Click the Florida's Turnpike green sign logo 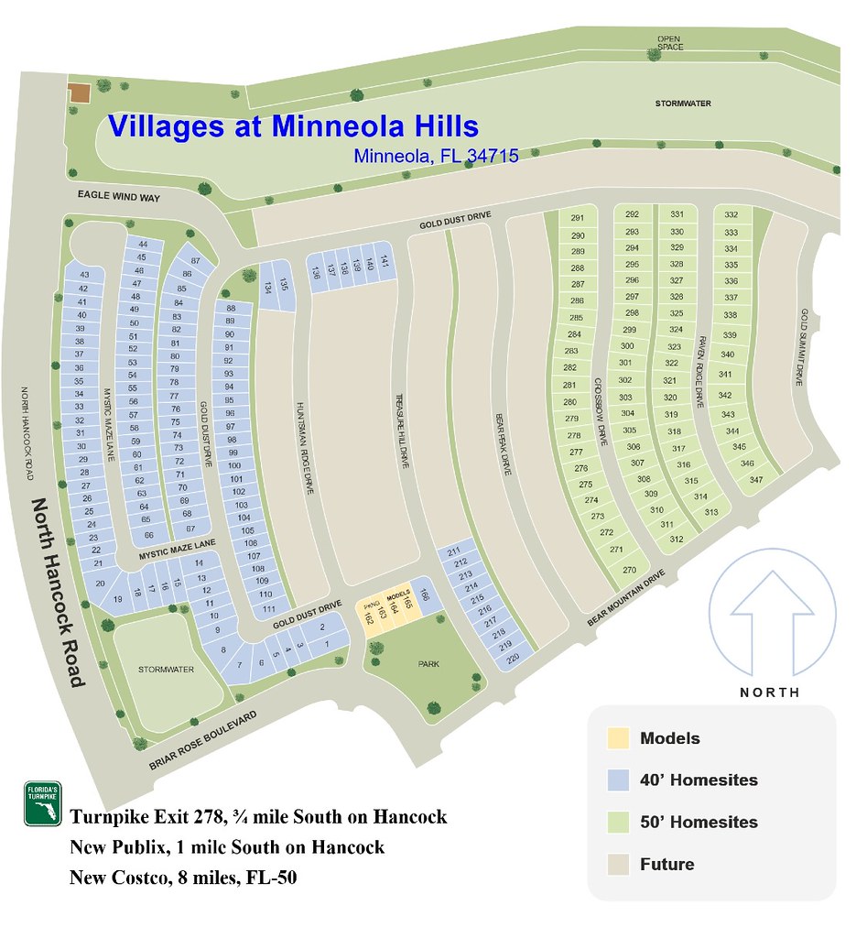click(x=42, y=804)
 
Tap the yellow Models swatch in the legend click(x=618, y=738)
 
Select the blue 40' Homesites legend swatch click(x=618, y=780)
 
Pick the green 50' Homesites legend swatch click(x=618, y=822)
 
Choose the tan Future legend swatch click(x=618, y=864)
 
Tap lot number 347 click(x=756, y=480)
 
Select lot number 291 click(x=577, y=218)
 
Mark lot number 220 click(x=513, y=658)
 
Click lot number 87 click(x=195, y=261)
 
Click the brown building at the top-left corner click(x=79, y=93)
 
